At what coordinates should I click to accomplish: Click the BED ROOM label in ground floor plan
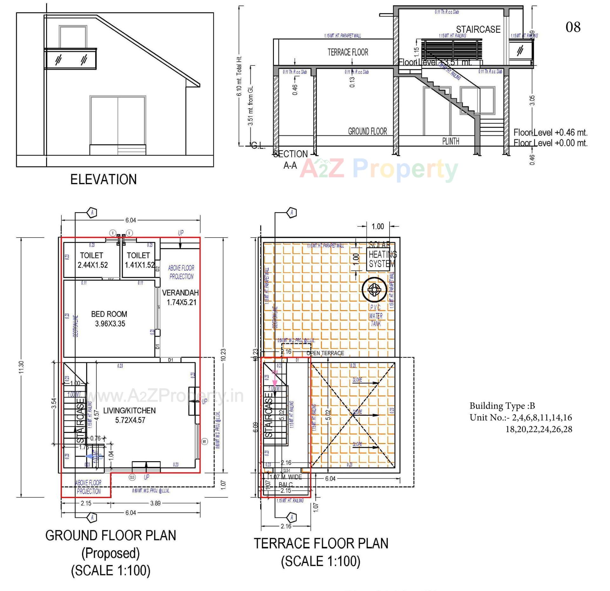point(109,314)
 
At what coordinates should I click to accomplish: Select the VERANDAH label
point(180,293)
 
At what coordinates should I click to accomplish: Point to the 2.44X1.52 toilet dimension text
point(93,265)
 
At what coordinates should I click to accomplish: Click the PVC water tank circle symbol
point(374,289)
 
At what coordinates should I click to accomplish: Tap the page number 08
point(573,27)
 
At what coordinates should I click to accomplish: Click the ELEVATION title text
point(104,179)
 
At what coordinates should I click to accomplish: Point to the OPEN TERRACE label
point(325,353)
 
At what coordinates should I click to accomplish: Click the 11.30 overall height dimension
point(21,367)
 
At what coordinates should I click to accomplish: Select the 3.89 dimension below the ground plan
point(155,503)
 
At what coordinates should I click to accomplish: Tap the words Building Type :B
point(502,406)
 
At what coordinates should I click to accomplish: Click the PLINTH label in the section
point(451,141)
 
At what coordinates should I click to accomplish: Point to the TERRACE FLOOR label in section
point(348,52)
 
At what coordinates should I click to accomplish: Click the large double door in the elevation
point(118,121)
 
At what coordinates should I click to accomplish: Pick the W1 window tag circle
point(205,442)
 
